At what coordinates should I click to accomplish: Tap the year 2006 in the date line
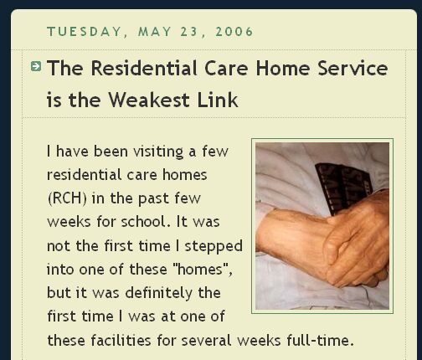(234, 32)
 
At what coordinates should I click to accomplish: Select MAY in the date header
(154, 32)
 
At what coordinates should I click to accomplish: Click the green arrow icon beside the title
(36, 66)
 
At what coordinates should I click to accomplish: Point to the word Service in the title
(353, 68)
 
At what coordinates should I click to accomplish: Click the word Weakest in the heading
(149, 100)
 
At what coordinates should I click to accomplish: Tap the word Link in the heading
(218, 100)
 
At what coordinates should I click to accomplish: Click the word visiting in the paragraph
(158, 152)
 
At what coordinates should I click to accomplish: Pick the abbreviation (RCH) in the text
(67, 198)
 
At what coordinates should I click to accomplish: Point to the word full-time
(321, 341)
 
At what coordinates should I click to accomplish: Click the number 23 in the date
(188, 32)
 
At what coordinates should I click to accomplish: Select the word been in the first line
(111, 152)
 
